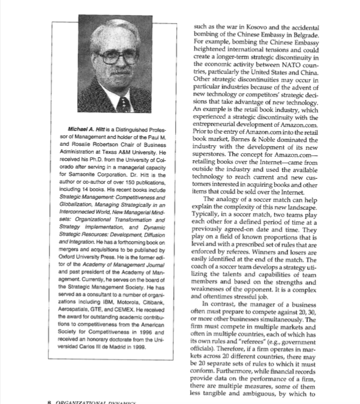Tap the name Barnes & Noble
point(269,140)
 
